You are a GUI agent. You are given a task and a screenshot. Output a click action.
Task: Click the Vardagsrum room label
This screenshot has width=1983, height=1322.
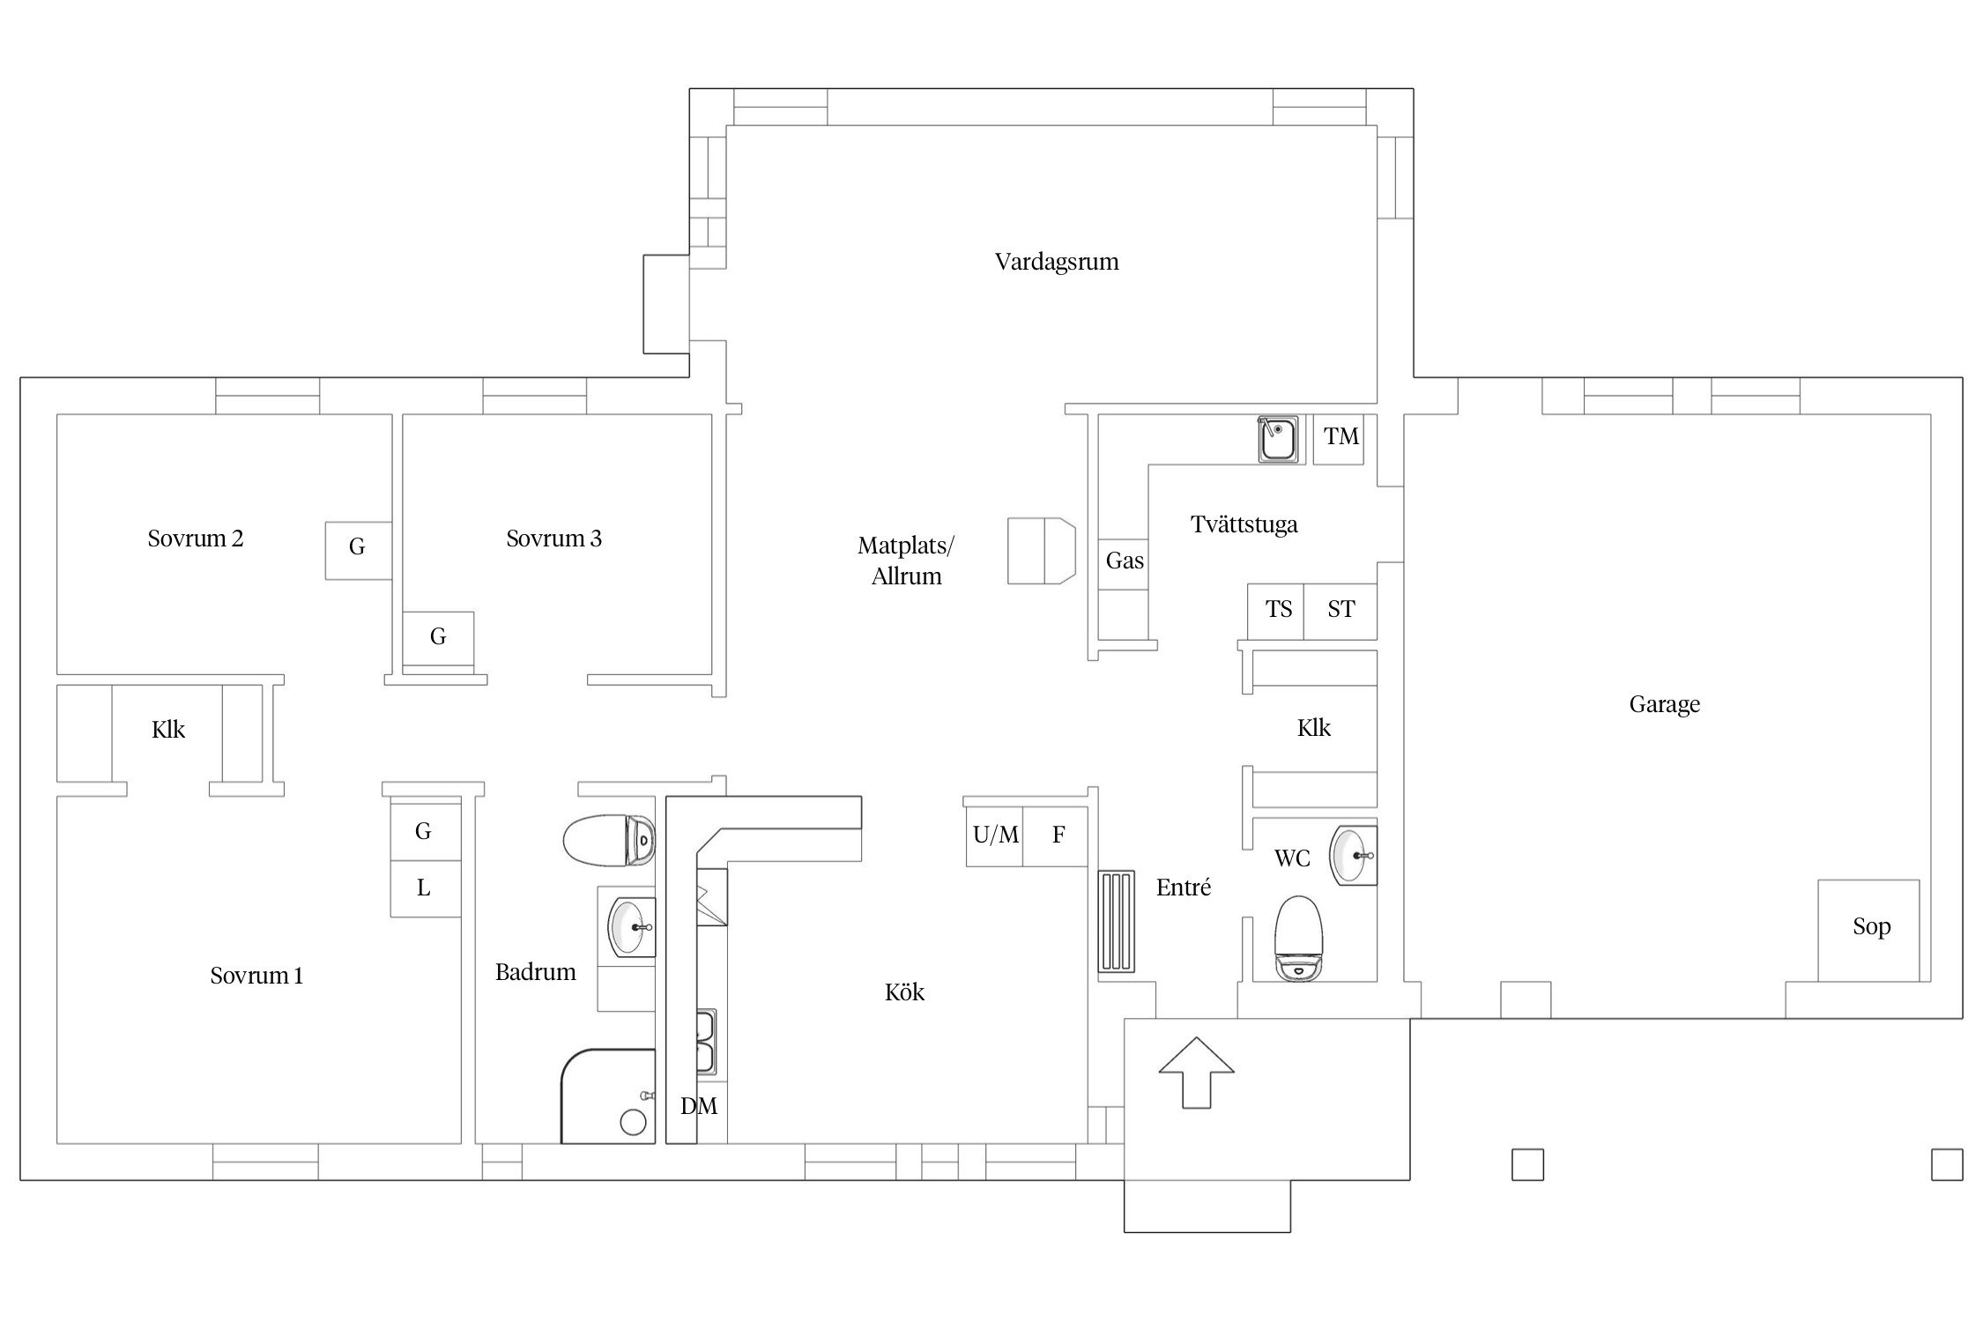tap(1057, 262)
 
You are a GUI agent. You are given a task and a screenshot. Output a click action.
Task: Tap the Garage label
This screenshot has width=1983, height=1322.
tap(1664, 704)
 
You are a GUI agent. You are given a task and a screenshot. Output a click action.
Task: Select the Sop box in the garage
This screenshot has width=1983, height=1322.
tap(1868, 931)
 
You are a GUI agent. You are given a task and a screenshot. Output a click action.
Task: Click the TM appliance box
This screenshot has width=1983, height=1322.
tap(1339, 439)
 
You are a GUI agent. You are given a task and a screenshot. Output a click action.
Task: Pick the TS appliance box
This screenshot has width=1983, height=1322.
tap(1276, 611)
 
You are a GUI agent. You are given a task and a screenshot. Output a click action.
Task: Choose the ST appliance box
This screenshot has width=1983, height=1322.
tap(1341, 611)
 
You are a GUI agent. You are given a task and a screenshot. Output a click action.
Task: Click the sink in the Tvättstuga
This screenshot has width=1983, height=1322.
tap(1277, 439)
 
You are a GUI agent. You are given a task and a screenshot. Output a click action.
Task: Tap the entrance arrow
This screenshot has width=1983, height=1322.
tap(1196, 1072)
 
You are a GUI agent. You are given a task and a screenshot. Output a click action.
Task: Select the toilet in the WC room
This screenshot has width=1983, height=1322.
tap(1300, 938)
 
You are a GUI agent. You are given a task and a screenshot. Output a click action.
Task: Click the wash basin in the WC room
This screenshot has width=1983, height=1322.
tap(1353, 855)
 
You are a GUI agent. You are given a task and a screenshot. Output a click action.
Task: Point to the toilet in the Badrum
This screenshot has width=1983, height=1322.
tap(609, 841)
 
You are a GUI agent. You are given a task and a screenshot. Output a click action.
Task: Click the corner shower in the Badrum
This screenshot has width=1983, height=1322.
tap(608, 1096)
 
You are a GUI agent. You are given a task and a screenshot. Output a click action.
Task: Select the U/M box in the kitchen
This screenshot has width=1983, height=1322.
tap(995, 836)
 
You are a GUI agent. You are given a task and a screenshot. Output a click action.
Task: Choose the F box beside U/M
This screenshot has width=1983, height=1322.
tap(1057, 836)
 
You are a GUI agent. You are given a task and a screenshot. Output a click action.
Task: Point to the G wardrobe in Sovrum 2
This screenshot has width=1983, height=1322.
tap(358, 550)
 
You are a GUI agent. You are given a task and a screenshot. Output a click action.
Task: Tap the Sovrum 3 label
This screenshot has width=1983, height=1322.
tap(553, 538)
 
